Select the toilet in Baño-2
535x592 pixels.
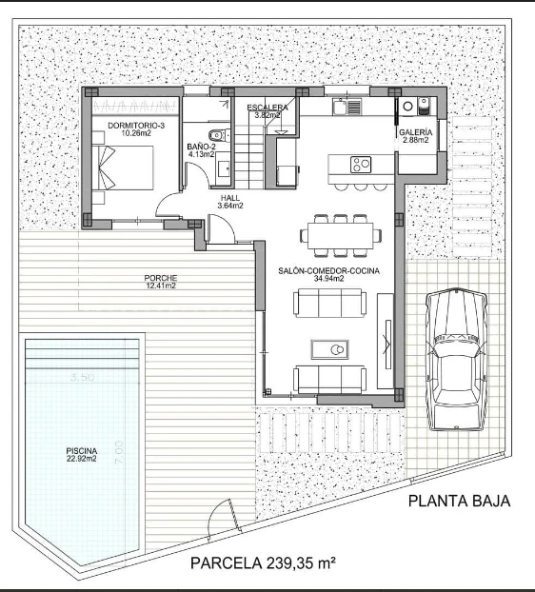point(216,135)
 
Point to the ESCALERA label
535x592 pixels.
point(267,108)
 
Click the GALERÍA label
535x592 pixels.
point(416,132)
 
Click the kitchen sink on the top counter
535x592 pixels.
point(342,108)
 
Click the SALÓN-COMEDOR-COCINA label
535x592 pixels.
point(328,271)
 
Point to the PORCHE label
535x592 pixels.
point(161,278)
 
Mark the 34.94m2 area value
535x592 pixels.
point(329,280)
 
